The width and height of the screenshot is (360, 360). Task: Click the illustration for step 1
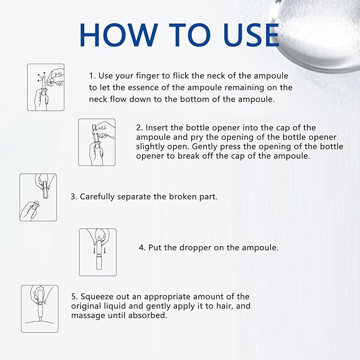pos(46,87)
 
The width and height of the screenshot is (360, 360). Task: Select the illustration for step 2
pos(96,142)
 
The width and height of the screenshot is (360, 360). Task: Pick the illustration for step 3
pos(38,197)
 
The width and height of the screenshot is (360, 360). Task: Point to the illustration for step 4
pos(98,252)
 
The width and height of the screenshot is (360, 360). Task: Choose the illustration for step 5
pos(39,309)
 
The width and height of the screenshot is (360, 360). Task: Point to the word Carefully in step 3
pos(97,197)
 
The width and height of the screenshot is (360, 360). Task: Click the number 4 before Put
pos(141,248)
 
